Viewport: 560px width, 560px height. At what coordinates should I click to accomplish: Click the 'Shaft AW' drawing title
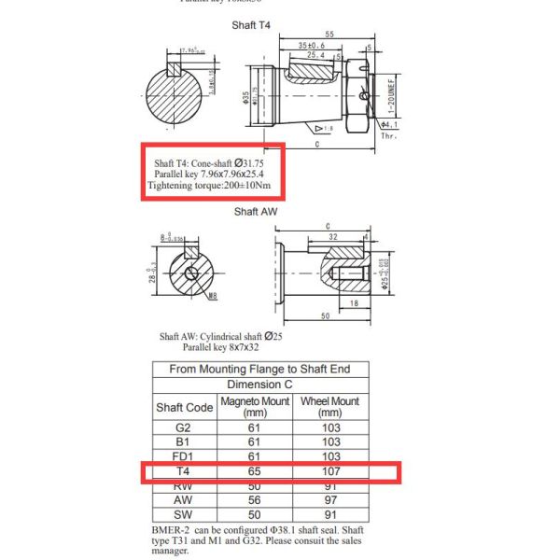click(x=256, y=211)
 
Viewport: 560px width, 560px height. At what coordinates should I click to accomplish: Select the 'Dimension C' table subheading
click(x=259, y=385)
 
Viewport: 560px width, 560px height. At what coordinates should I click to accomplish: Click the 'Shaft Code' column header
click(x=184, y=408)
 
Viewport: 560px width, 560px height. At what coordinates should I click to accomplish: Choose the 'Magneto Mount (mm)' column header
click(x=255, y=407)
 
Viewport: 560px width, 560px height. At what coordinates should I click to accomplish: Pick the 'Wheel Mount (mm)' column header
click(x=329, y=407)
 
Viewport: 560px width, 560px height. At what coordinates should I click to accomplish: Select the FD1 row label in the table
click(x=184, y=456)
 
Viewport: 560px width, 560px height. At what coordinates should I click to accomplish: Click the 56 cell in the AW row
click(x=255, y=499)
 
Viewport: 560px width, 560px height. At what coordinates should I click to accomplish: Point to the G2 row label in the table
click(x=184, y=428)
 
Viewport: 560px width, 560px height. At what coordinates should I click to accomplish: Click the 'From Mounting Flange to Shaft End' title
click(x=259, y=369)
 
